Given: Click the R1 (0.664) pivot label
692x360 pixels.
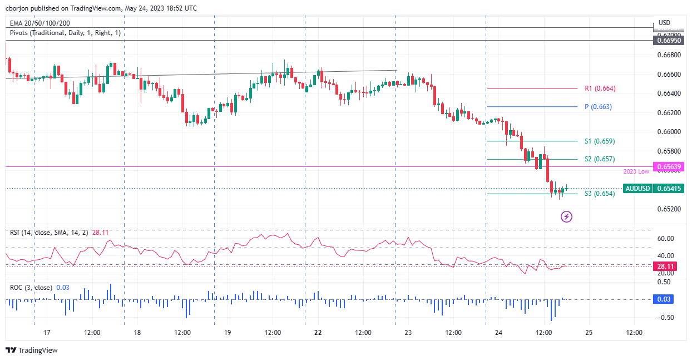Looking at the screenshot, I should [x=600, y=88].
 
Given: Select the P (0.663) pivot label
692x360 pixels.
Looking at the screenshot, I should [x=598, y=107].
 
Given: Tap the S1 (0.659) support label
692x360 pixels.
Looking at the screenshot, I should [x=599, y=141].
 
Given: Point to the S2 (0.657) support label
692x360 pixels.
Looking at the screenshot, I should [x=599, y=159].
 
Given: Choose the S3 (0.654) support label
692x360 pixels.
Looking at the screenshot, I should [x=599, y=194].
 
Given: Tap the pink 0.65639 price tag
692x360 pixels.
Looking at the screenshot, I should [x=670, y=166].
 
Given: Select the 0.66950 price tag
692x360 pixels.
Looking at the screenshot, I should [x=670, y=40].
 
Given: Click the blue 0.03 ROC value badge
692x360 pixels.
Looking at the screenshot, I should [x=665, y=299].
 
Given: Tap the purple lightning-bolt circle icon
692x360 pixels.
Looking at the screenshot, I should [x=566, y=216].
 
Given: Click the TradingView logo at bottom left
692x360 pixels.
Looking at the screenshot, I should [x=32, y=351].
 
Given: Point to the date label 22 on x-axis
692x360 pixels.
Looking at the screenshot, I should [x=318, y=333].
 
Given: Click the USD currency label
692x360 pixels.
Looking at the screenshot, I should [x=664, y=23].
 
